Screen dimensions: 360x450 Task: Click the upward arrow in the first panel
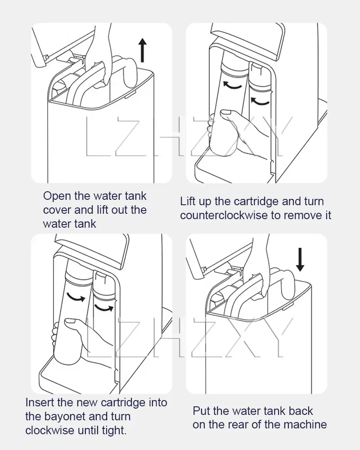pos(142,50)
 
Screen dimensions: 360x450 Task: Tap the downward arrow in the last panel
pos(300,260)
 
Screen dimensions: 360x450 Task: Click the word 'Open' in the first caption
pos(57,197)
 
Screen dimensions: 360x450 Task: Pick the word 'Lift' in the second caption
pos(187,201)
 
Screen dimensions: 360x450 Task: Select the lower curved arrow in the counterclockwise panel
pos(260,101)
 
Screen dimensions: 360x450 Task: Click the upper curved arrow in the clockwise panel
pos(76,297)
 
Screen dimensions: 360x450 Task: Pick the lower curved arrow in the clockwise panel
pos(104,308)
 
